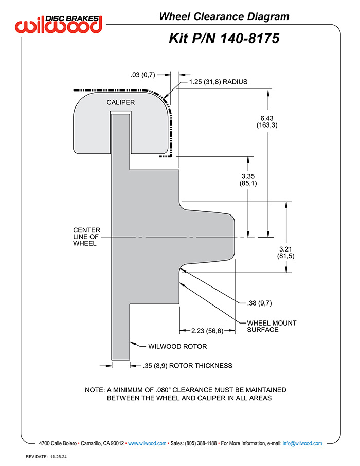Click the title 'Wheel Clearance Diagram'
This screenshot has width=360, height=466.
[224, 16]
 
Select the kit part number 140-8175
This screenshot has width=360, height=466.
[250, 39]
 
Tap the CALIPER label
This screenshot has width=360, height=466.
[121, 102]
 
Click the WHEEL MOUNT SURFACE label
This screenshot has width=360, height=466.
[272, 326]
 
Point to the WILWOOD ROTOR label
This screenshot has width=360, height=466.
[177, 346]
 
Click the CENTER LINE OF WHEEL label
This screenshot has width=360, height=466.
[86, 237]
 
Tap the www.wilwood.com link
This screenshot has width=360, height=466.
[147, 443]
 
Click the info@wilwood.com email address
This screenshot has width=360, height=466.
[302, 443]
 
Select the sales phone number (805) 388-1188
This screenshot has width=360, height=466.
[201, 443]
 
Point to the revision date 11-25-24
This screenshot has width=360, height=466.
[59, 457]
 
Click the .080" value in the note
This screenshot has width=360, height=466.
[163, 390]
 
